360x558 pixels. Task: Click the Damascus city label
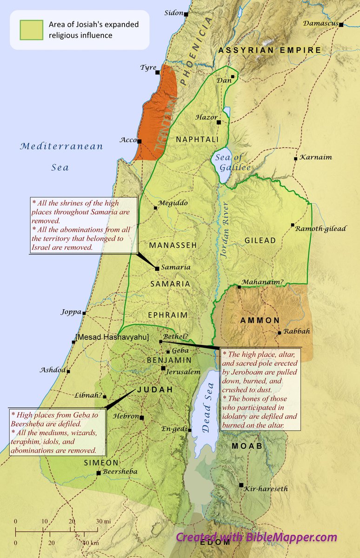(x=320, y=23)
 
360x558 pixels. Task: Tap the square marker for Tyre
(x=158, y=73)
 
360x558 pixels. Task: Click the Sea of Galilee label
(x=233, y=163)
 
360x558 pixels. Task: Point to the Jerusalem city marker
(x=163, y=368)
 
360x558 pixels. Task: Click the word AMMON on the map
(x=260, y=320)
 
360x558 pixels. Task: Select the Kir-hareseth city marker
(x=241, y=485)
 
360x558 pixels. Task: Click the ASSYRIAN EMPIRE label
(x=270, y=50)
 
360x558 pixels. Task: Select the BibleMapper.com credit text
(x=256, y=537)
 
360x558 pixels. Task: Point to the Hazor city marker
(x=219, y=122)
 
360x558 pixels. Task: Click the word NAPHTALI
(x=194, y=139)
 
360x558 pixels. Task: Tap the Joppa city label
(x=71, y=312)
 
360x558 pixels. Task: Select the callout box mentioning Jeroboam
(x=260, y=389)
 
